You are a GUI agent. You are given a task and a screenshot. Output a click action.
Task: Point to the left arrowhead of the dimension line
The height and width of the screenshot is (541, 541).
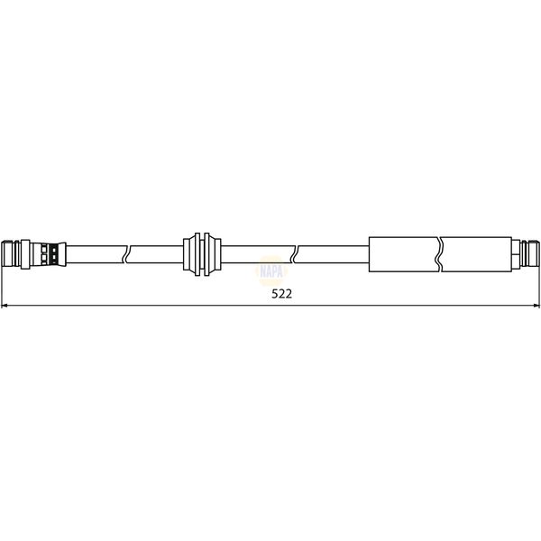coord(6,307)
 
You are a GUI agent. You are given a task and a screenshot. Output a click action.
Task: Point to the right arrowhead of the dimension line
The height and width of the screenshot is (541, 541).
coord(535,307)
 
